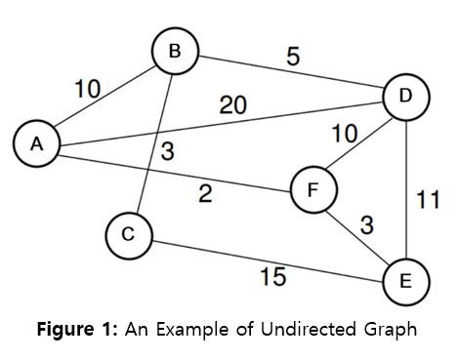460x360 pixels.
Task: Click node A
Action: (36, 143)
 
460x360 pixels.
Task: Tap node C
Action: (128, 234)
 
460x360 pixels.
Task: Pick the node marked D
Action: (406, 96)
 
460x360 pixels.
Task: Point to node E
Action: (405, 281)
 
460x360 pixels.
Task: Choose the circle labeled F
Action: (313, 189)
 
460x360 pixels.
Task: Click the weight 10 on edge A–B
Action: (89, 89)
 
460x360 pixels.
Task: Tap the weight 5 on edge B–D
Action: (292, 58)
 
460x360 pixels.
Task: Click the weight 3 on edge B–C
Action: (169, 152)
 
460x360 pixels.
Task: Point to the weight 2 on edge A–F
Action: (204, 193)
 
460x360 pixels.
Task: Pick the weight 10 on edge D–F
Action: (345, 135)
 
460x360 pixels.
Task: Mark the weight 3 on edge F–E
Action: (365, 225)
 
